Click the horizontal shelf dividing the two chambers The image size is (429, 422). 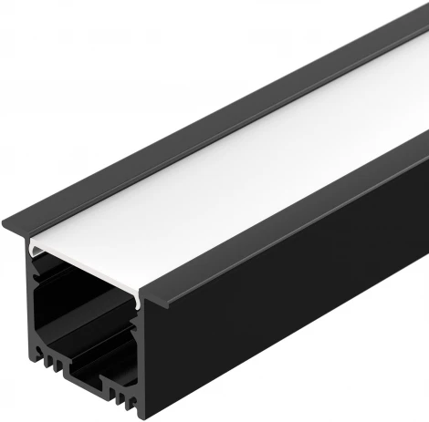[87, 332]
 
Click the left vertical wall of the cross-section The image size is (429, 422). [34, 310]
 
